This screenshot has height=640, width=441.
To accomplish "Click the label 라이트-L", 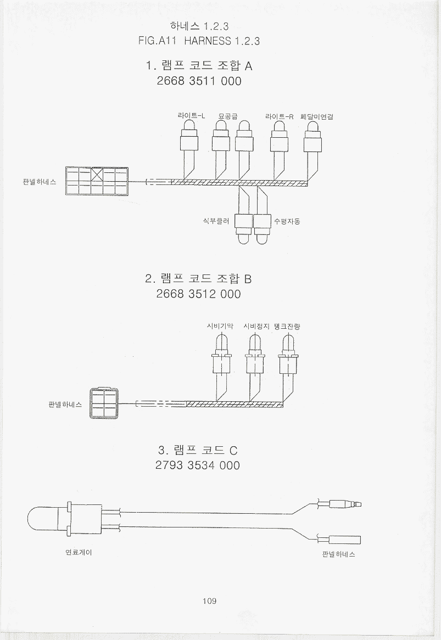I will point(191,116).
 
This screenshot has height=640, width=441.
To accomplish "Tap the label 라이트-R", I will point(280,116).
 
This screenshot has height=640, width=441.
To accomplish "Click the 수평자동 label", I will point(287,222).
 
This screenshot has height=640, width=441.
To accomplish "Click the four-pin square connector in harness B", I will point(104,404).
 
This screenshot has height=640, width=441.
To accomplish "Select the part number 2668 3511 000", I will point(199,81).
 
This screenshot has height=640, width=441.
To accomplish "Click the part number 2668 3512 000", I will point(198,294).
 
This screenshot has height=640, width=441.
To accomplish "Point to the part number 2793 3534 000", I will point(198,465).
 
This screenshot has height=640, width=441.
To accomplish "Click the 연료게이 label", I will point(79,552).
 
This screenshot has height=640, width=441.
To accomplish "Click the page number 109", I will point(209,601).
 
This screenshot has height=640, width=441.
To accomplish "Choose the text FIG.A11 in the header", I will point(159,41).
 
